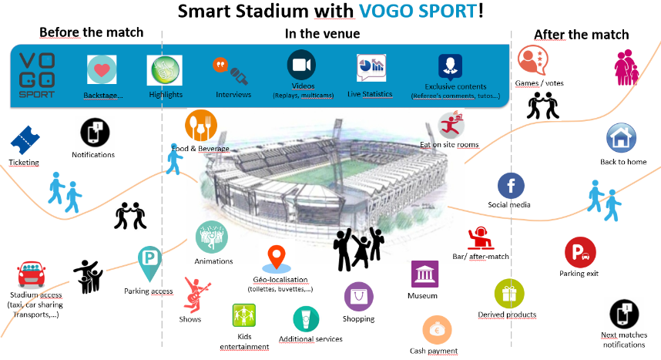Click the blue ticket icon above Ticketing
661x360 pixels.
[25, 140]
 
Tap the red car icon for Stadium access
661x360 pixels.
[32, 274]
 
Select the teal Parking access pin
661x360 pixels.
[149, 264]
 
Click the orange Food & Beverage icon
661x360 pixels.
[201, 126]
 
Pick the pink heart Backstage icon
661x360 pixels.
[102, 69]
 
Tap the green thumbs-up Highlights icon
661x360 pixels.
[165, 70]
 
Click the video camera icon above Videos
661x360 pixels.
[301, 65]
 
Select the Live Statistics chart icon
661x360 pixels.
[371, 68]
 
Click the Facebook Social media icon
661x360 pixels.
[511, 186]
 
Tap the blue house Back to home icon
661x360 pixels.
[622, 138]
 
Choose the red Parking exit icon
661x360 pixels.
[580, 252]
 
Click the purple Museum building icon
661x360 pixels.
[424, 274]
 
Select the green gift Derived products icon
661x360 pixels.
[509, 294]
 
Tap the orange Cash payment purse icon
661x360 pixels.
[437, 330]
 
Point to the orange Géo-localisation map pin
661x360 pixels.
[277, 258]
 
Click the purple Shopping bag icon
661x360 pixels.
[359, 297]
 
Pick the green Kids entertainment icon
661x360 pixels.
[244, 315]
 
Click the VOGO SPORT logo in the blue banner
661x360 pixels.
[37, 76]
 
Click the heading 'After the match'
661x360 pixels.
[582, 35]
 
